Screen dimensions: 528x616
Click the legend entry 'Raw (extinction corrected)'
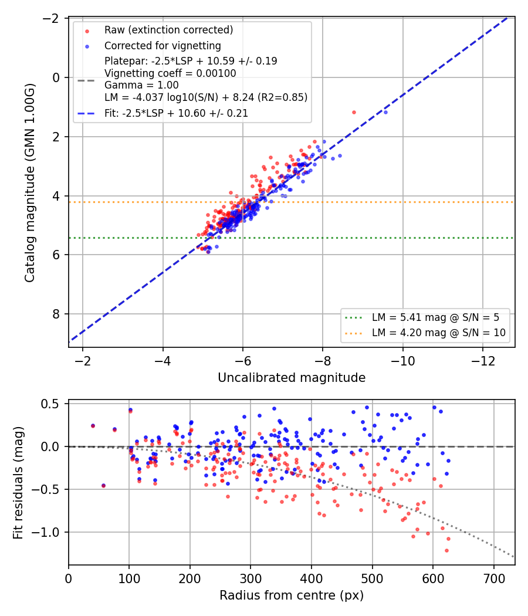(x=168, y=30)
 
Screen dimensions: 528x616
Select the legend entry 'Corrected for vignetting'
(x=163, y=46)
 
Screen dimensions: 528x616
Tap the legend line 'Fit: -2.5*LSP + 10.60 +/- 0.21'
(x=176, y=113)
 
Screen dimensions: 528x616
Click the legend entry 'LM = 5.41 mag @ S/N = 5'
(x=435, y=317)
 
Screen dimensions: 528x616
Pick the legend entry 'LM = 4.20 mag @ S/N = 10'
(x=438, y=333)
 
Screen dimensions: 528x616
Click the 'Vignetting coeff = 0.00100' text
(x=170, y=73)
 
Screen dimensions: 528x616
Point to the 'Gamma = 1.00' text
(x=141, y=85)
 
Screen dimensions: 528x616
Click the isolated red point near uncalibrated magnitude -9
(x=354, y=113)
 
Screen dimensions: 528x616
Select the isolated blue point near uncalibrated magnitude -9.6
(x=385, y=113)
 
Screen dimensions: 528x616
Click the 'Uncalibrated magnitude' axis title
(x=292, y=378)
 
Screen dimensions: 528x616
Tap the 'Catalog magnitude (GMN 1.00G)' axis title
(x=30, y=182)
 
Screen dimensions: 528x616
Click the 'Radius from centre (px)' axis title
(x=292, y=595)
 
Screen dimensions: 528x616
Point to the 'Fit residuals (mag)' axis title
(x=18, y=483)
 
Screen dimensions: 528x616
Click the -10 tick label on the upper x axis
(x=402, y=361)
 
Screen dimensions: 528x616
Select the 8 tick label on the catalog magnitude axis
(x=56, y=314)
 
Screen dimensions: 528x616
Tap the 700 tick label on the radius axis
(x=493, y=578)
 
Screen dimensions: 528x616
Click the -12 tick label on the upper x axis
(x=483, y=361)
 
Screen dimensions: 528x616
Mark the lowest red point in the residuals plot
(x=446, y=550)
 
